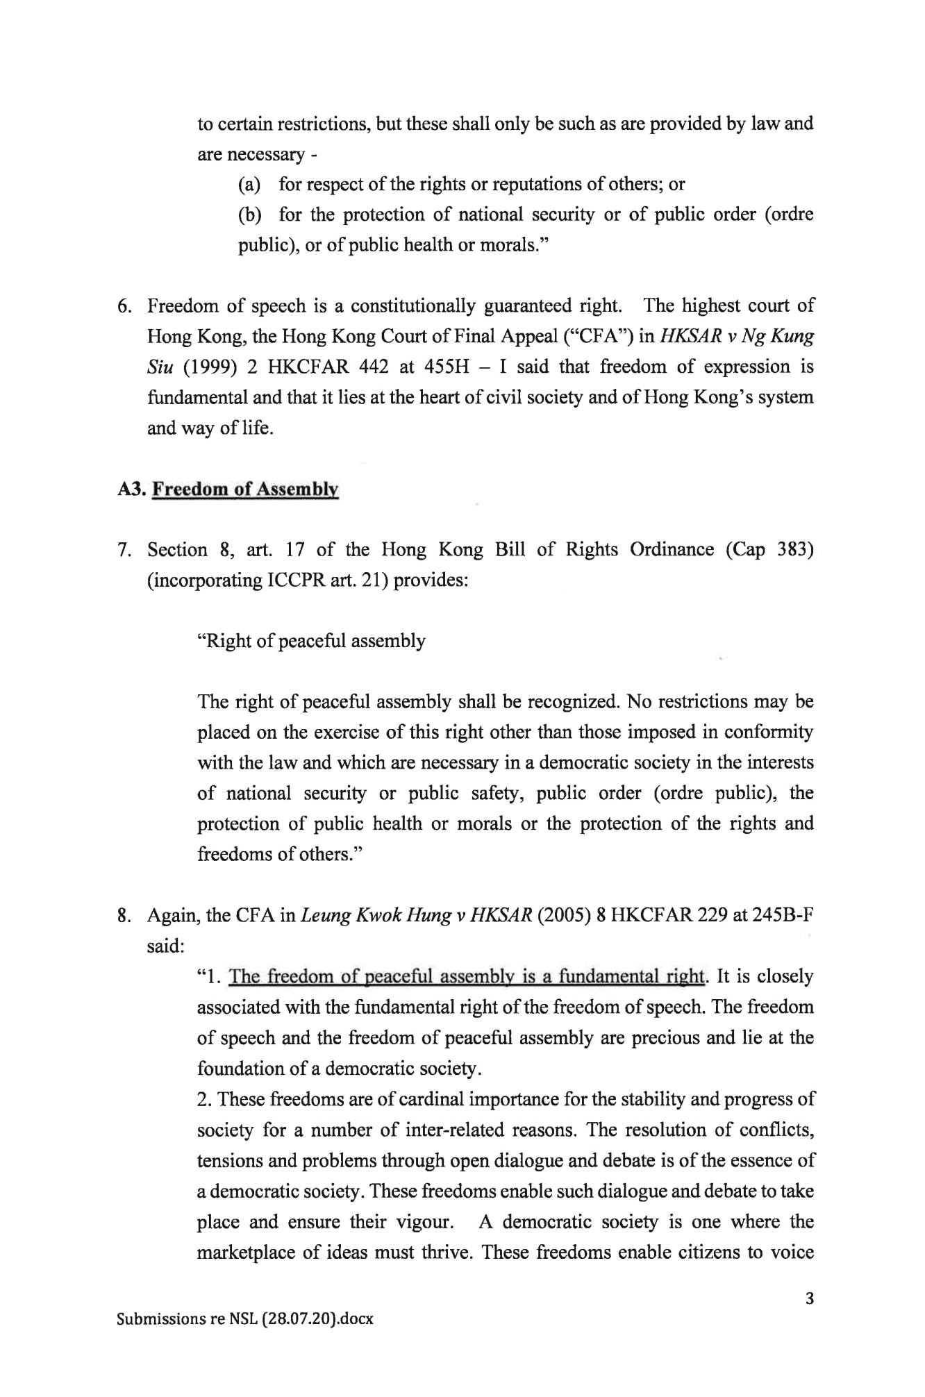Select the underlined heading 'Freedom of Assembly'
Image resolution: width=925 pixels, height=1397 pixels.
point(245,489)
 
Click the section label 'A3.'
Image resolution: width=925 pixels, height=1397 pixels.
point(131,489)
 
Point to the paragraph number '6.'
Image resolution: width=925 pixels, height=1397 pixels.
point(126,306)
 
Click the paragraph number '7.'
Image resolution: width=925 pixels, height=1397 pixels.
point(126,550)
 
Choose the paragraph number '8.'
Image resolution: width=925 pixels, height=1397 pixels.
point(126,915)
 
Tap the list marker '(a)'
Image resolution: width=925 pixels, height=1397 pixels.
point(249,184)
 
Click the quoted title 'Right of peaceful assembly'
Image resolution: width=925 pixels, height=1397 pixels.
point(311,640)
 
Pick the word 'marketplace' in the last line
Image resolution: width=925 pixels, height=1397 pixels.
point(244,1252)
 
